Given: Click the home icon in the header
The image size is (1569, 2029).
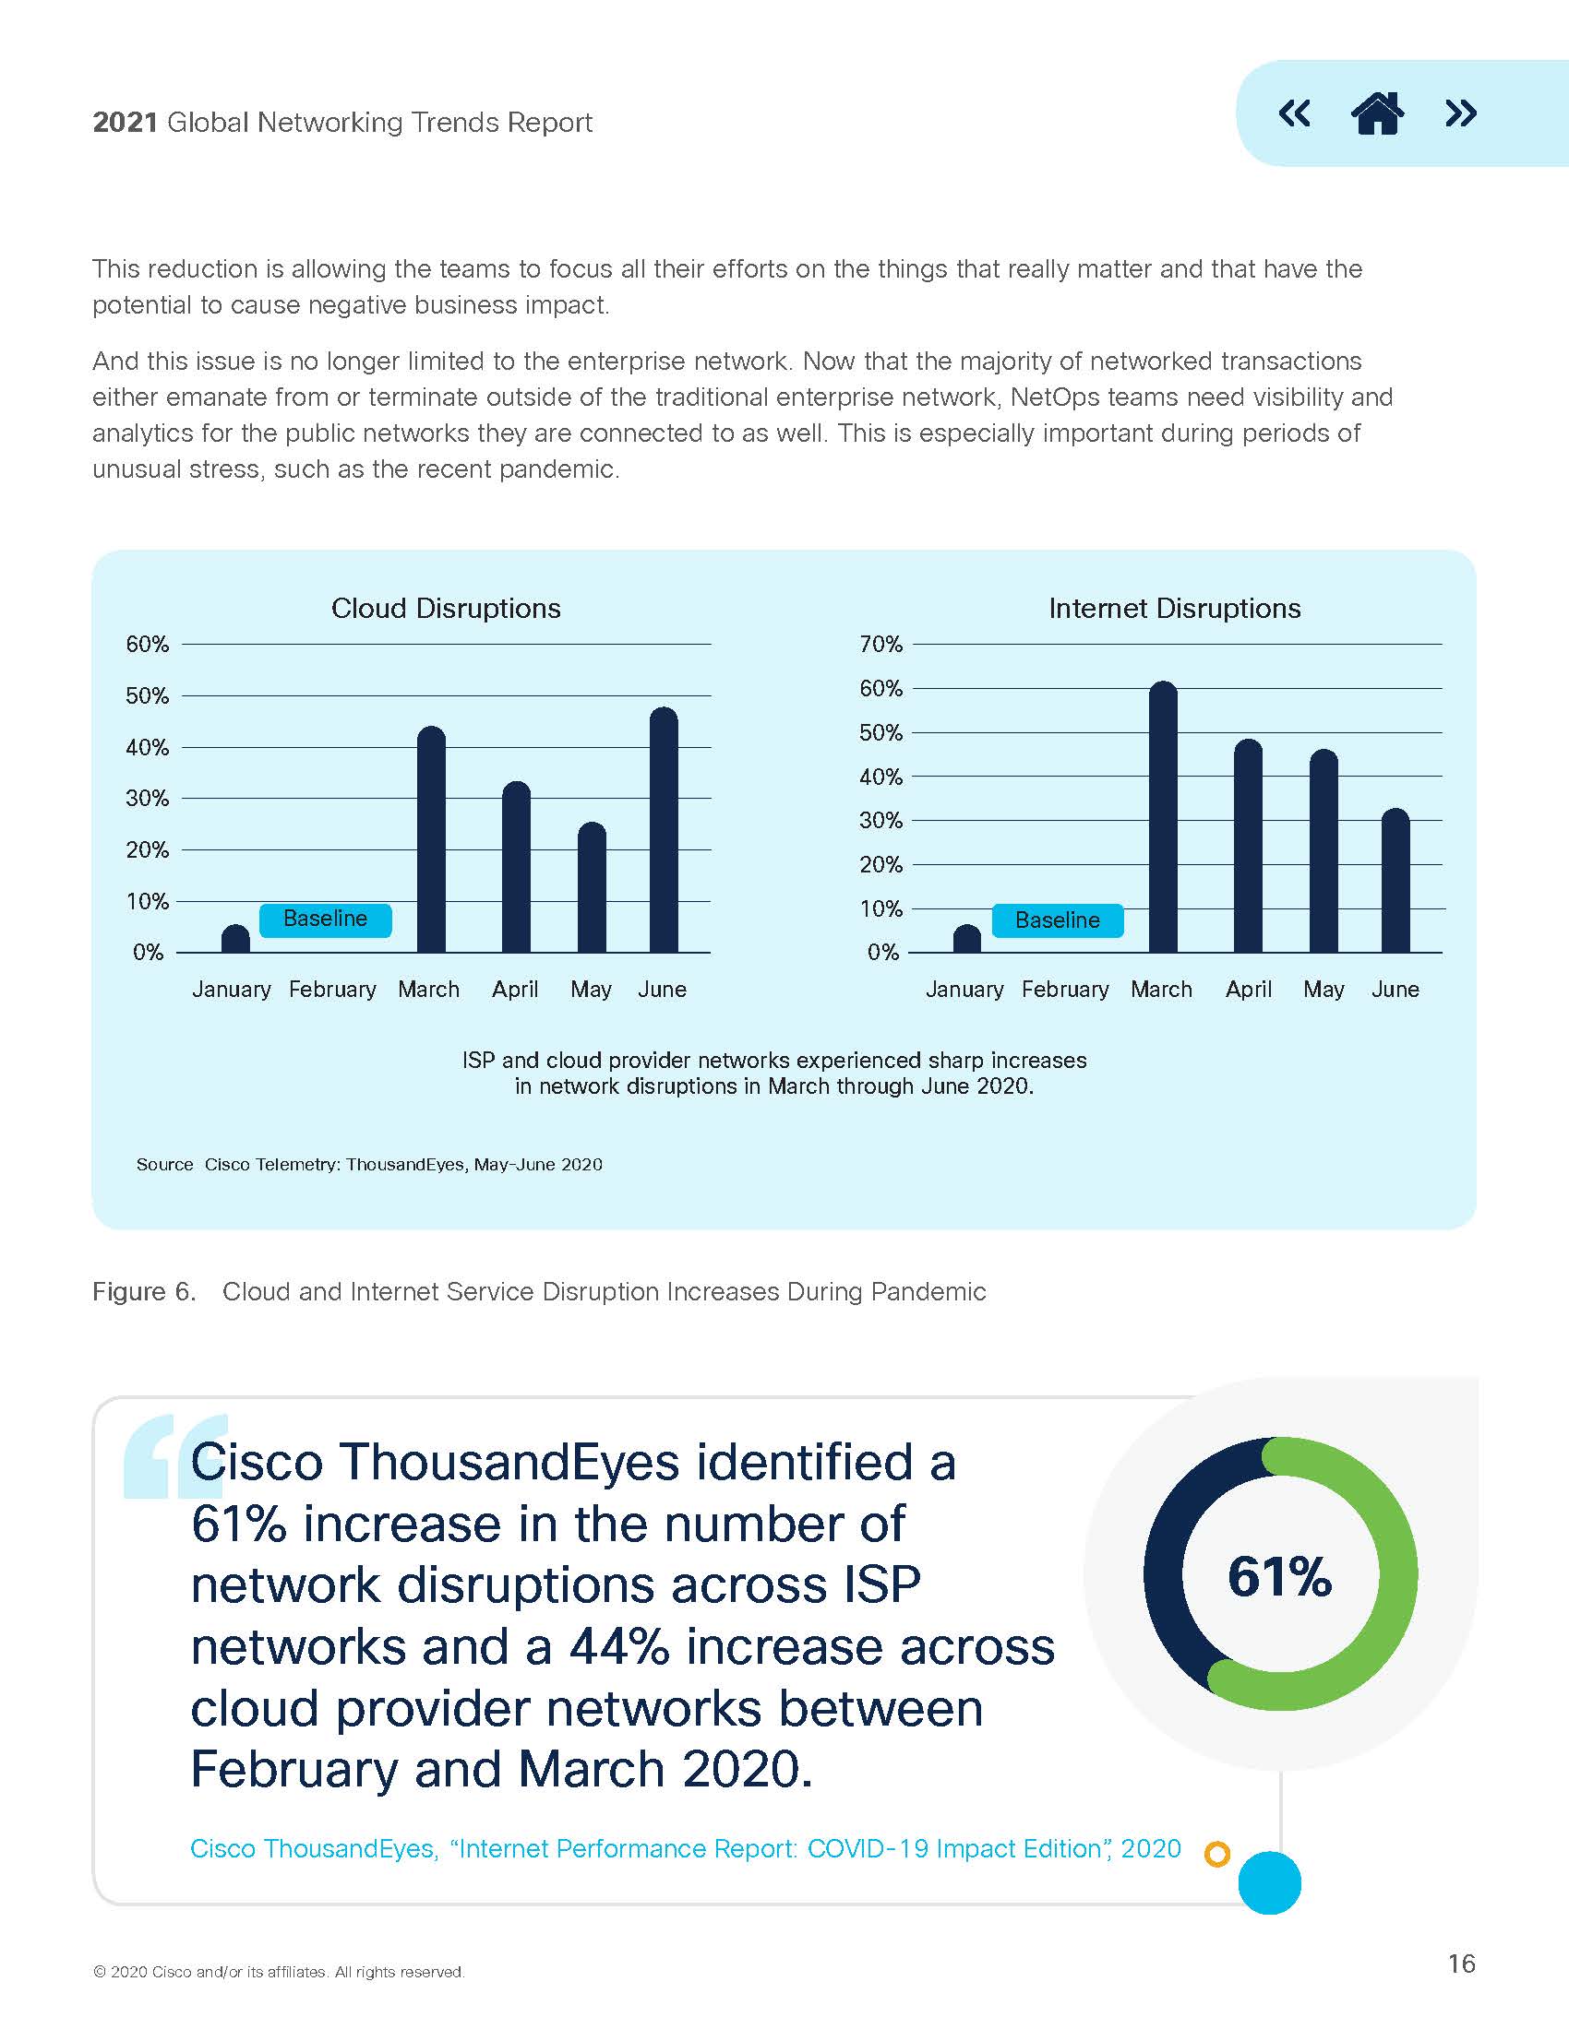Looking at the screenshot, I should [1377, 113].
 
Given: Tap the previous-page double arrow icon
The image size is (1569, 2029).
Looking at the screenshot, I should [1294, 113].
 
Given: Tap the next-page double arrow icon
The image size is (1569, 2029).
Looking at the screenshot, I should [1460, 113].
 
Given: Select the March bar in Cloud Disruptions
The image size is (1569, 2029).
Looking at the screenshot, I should [431, 840].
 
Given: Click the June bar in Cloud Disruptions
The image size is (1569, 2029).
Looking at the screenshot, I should [664, 831].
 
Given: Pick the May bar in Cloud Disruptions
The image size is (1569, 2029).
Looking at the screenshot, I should [593, 888].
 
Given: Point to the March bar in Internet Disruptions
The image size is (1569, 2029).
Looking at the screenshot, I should [1163, 817].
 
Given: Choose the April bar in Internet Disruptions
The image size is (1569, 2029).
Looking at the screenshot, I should [1248, 847].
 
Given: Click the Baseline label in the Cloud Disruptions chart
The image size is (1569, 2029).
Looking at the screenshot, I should [325, 919].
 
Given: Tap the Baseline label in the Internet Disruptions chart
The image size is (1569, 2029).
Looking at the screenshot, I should [1058, 920].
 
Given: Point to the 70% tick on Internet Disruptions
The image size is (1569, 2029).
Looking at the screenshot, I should [880, 644].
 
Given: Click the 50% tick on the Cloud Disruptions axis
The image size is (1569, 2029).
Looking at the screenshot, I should [147, 695].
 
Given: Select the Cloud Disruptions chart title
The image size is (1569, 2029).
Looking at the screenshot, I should [446, 609].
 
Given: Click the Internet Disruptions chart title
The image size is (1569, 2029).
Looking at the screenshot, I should [1174, 609].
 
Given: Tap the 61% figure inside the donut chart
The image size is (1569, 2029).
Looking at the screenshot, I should [1279, 1576].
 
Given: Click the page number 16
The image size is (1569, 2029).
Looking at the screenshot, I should [1461, 1963].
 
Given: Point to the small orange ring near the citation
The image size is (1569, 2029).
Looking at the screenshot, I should [1216, 1855].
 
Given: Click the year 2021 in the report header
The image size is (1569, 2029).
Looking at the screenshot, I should [125, 123].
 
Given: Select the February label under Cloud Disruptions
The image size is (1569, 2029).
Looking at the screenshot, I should [333, 990].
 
